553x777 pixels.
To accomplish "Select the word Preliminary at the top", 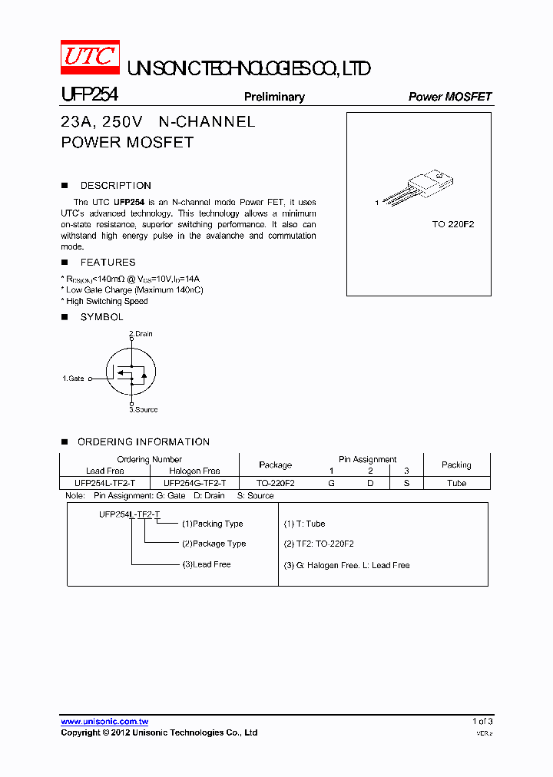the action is [x=274, y=97].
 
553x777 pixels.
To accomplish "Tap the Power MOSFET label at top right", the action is [x=449, y=97].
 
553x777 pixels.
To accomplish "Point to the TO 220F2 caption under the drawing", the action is [x=453, y=224].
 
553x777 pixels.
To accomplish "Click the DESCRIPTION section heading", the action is [x=115, y=186].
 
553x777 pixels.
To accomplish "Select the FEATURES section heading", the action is [x=108, y=263].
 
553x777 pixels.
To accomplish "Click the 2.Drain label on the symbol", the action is [x=141, y=334].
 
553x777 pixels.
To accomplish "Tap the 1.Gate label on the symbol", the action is [x=74, y=379].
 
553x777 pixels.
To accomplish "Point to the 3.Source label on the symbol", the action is [x=143, y=410].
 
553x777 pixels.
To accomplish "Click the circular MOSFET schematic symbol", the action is [x=131, y=372].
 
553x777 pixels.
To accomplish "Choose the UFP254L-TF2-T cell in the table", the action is [x=105, y=484].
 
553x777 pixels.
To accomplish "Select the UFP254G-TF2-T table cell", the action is [x=194, y=484].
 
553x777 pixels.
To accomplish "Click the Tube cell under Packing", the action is [x=456, y=484].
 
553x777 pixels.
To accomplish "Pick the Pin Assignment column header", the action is [x=367, y=459].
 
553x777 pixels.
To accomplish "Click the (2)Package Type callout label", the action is [x=214, y=544].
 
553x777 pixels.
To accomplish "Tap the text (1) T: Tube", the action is [x=304, y=524].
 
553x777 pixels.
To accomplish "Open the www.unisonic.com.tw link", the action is [x=104, y=722].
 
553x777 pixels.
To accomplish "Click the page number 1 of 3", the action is [x=482, y=722].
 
